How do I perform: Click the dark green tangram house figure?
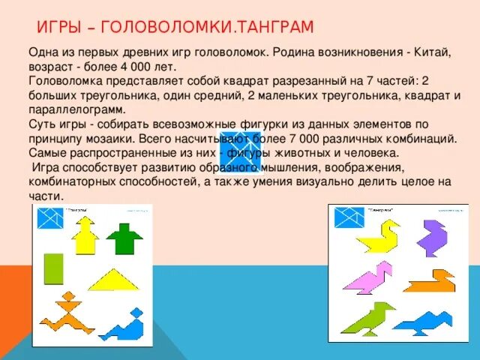(124, 238)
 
